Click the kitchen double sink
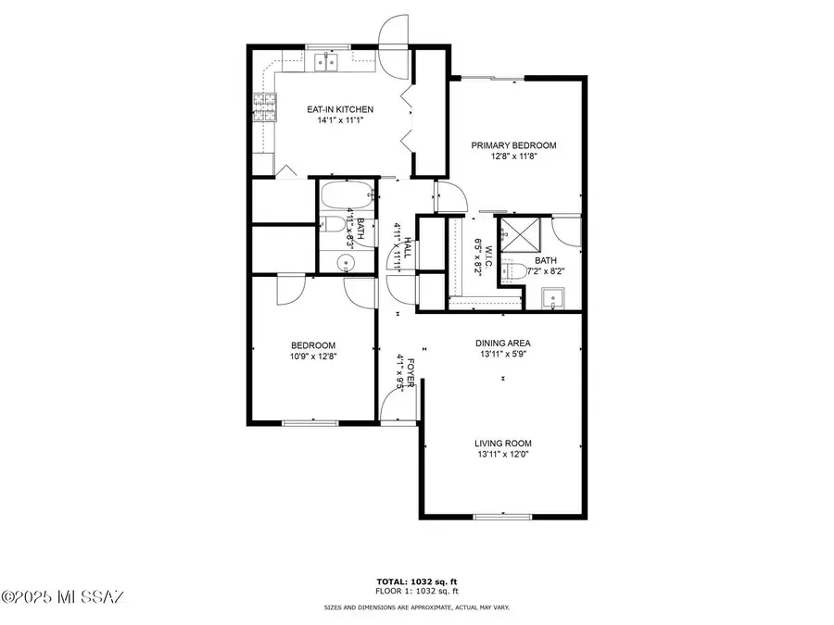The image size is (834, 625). point(325,62)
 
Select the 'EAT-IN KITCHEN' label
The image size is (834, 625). point(340,109)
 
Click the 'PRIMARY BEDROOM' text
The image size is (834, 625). point(513,145)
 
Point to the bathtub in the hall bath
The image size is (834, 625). point(347,197)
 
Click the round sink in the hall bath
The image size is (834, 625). point(347,262)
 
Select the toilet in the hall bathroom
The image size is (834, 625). point(331,224)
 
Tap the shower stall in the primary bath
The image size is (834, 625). point(518,235)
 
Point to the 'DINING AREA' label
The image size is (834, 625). point(503,343)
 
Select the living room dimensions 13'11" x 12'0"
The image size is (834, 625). point(503,456)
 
